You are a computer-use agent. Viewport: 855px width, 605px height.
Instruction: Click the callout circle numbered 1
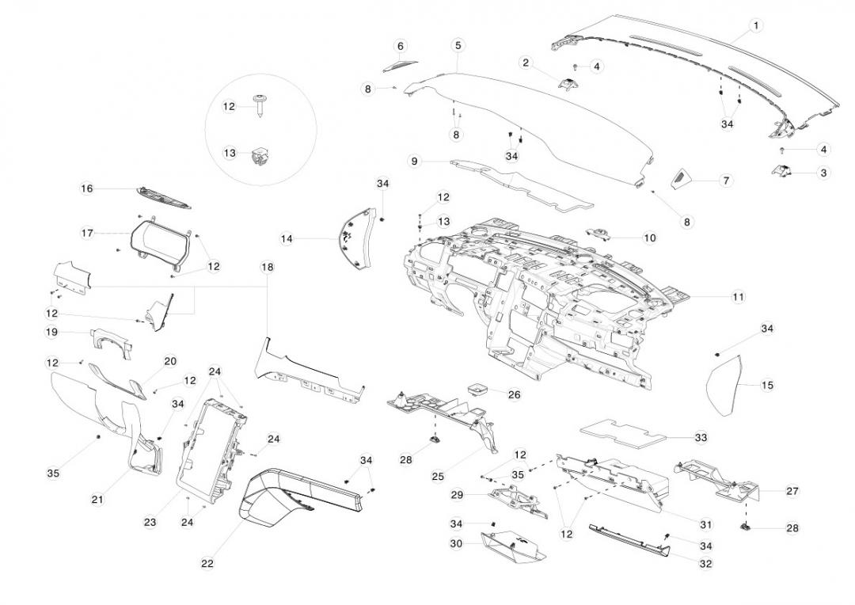(x=755, y=25)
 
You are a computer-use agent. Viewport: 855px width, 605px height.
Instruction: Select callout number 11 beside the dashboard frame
(x=738, y=297)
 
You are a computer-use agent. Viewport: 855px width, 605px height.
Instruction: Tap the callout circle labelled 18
(x=268, y=268)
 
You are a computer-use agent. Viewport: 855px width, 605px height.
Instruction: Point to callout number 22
(x=207, y=564)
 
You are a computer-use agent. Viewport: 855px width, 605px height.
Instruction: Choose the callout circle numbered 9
(x=413, y=162)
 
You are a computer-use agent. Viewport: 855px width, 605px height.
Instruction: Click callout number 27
(x=792, y=491)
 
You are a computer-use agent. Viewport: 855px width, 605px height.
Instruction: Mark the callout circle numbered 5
(x=458, y=45)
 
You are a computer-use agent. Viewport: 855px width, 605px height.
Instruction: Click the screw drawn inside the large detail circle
(x=261, y=103)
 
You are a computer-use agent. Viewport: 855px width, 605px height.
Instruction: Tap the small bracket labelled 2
(x=569, y=84)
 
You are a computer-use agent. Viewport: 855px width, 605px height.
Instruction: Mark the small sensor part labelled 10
(x=599, y=232)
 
